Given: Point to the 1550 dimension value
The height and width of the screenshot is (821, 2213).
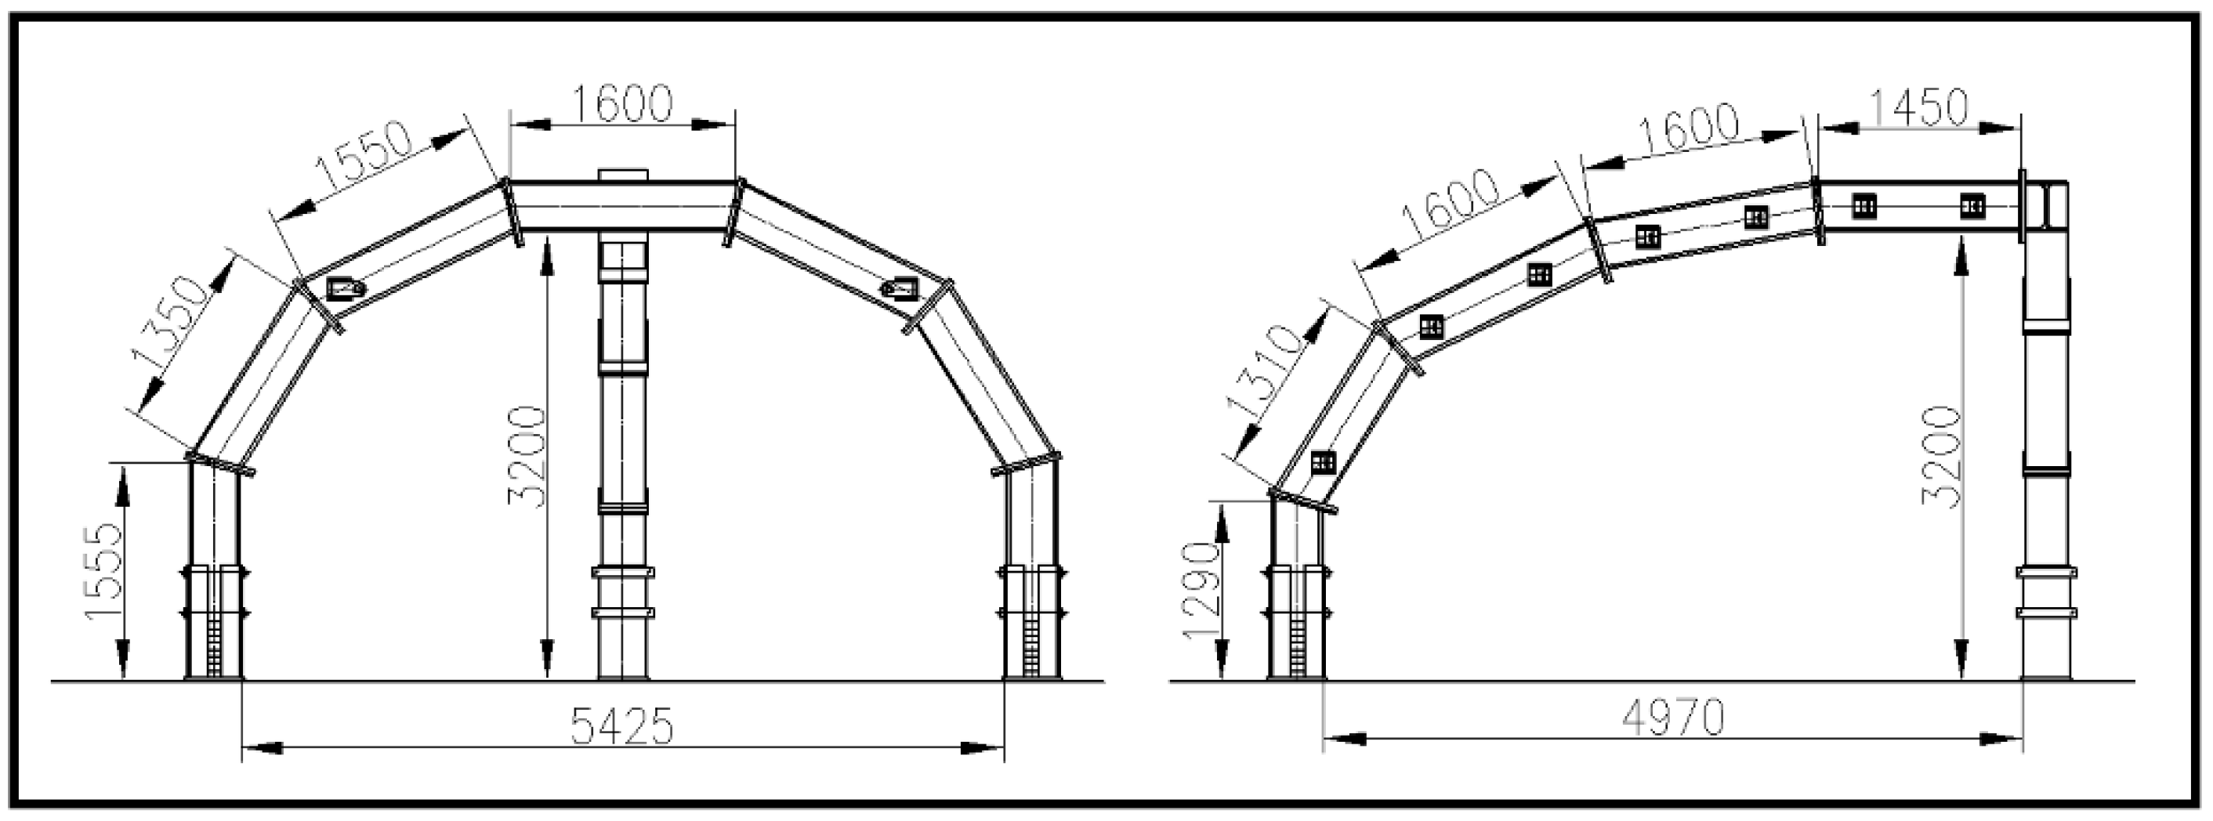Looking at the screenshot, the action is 365,157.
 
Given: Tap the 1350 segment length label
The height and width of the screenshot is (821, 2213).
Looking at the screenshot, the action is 172,323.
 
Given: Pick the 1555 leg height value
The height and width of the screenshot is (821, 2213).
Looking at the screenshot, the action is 104,570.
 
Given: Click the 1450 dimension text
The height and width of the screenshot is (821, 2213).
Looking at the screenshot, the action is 1918,109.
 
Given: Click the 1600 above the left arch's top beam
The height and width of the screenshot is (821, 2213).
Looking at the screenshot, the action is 622,104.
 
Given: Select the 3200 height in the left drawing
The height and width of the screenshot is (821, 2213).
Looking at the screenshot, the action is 527,456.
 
